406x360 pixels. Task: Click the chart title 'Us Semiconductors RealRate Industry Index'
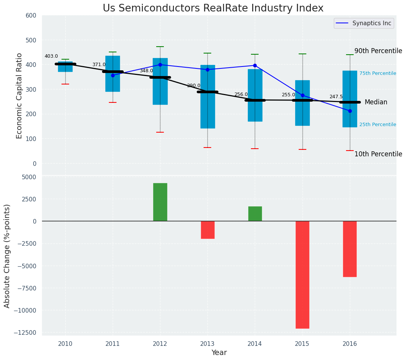213,8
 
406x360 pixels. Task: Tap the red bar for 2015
302,274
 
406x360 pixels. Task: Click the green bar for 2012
160,202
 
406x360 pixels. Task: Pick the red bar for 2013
207,230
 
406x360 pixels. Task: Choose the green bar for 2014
255,214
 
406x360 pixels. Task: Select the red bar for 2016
349,249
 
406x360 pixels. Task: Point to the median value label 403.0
51,56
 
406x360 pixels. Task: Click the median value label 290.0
194,86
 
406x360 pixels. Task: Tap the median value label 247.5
336,97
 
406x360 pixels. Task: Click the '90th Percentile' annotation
378,51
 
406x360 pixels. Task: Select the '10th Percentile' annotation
378,154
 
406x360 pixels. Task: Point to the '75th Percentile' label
377,73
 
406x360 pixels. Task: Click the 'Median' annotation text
376,102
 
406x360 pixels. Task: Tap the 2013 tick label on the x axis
207,344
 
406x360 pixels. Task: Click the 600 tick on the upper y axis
31,16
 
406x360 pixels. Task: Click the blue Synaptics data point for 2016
350,111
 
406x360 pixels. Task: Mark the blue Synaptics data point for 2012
160,65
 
